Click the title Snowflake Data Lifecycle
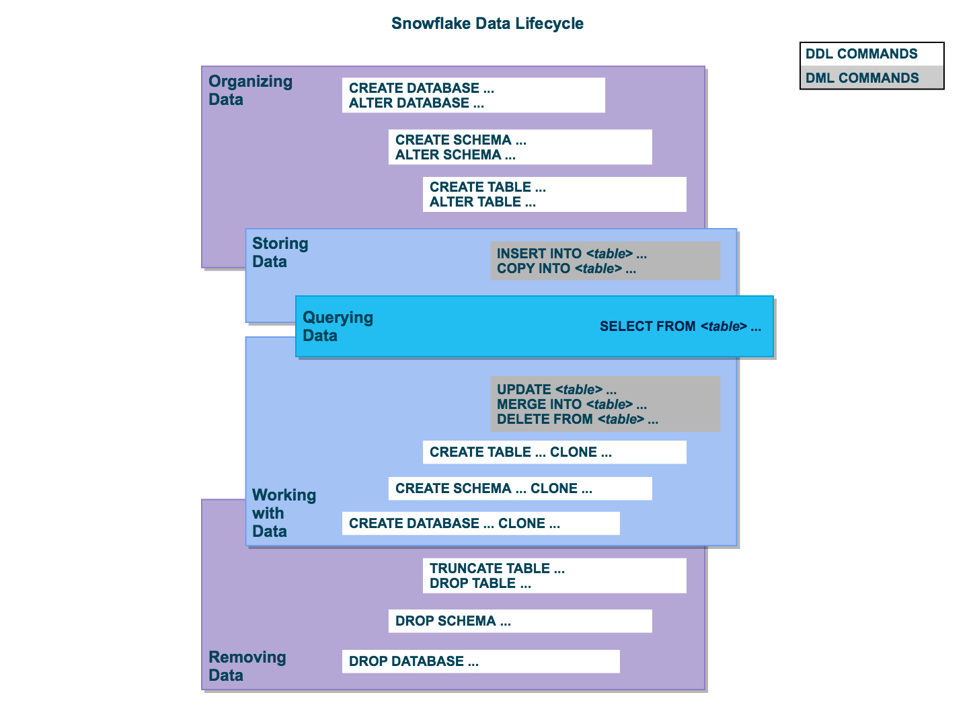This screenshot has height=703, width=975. coord(487,24)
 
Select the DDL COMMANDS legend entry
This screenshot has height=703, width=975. coord(861,54)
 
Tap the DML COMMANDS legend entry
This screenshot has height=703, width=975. coord(862,78)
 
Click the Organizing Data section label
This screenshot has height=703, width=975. coord(250,90)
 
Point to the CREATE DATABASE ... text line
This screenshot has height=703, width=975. coord(422,88)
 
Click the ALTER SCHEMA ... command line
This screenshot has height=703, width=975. coord(455,155)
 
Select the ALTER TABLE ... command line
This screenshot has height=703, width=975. coord(482,202)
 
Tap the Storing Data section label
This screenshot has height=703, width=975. coord(280,252)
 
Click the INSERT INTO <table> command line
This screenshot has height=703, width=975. coord(572,254)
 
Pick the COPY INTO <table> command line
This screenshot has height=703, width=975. coord(566,268)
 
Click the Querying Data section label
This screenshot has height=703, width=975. coord(338,326)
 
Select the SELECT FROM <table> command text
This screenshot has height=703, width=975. coord(680,326)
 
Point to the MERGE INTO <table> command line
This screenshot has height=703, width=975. coord(572,404)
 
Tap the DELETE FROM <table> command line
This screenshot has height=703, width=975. coord(577,419)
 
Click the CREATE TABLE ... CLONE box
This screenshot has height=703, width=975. coord(555,452)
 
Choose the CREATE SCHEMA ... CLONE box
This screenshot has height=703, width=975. coord(520,488)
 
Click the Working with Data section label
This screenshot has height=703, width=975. coord(284,513)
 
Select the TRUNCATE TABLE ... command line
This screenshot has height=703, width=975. coord(497,568)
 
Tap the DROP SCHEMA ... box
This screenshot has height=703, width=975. coord(520,621)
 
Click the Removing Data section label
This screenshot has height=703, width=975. coord(247,666)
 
